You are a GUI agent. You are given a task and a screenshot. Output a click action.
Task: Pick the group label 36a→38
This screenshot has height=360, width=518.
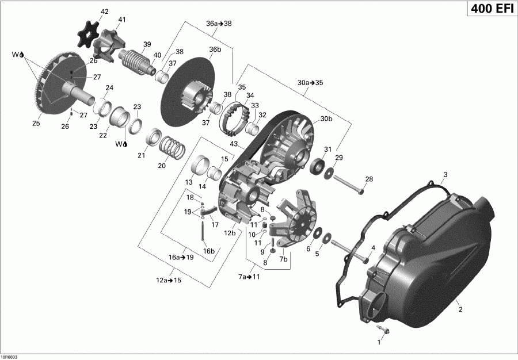pos(219,24)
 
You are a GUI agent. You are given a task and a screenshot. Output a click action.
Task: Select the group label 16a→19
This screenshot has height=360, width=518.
pos(181,258)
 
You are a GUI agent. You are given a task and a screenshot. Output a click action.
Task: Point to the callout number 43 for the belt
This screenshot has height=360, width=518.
pos(234,143)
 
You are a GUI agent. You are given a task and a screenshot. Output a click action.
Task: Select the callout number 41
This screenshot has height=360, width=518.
pos(121,20)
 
